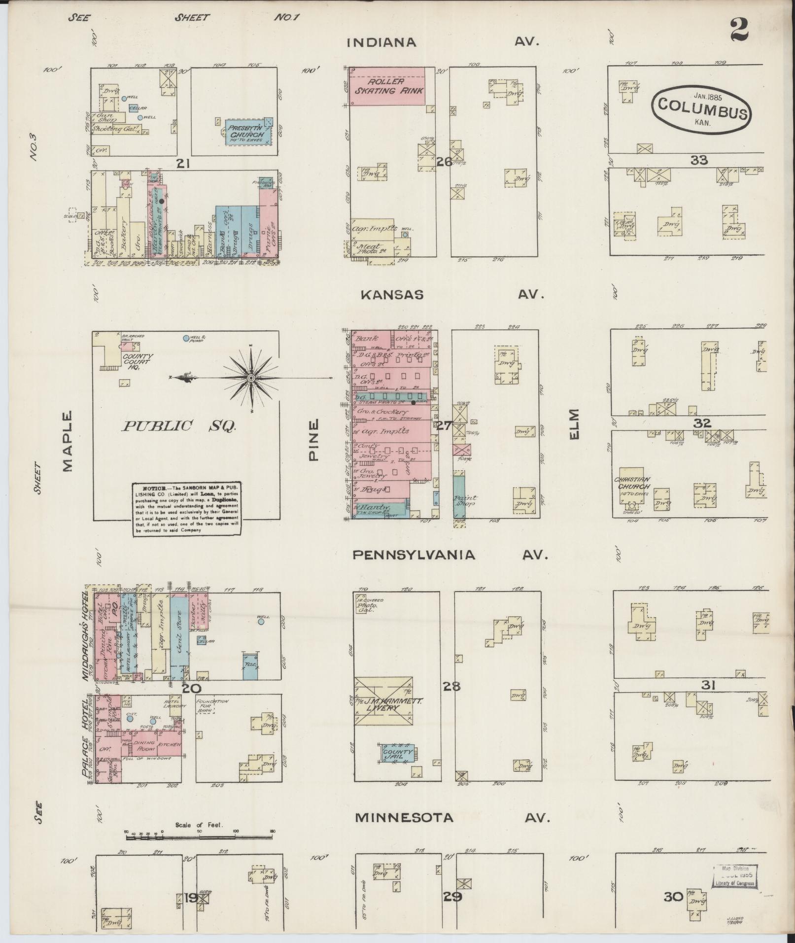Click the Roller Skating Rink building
click(x=387, y=86)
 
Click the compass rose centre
click(x=251, y=378)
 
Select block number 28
click(x=451, y=686)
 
